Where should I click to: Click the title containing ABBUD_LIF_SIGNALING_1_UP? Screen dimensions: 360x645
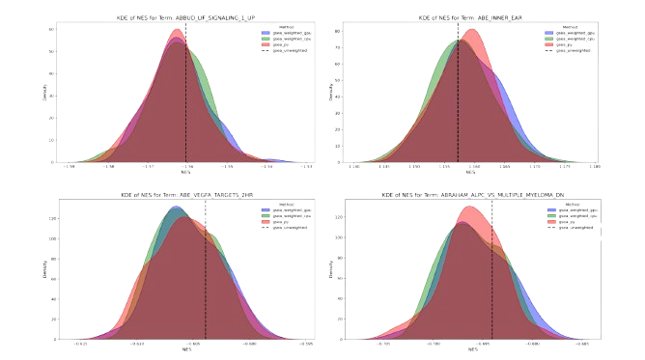pos(186,15)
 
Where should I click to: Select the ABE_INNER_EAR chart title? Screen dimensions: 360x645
pos(459,15)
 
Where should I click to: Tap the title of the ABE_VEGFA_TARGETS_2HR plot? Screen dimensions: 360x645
pos(186,194)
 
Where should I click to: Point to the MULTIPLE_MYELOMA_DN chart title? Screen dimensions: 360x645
pos(459,194)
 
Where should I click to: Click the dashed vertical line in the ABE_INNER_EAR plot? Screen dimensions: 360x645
pos(458,97)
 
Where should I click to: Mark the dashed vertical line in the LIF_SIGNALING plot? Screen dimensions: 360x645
pos(186,97)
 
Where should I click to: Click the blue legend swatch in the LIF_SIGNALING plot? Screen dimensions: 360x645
pos(266,32)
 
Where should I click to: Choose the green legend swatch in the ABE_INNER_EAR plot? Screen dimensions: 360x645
pos(539,38)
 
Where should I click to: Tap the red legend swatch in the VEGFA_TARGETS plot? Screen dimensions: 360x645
pos(266,221)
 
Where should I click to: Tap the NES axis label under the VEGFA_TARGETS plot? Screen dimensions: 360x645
pos(186,348)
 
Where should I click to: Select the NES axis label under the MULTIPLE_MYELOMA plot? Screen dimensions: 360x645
pos(459,348)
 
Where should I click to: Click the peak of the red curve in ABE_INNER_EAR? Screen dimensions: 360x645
pos(471,29)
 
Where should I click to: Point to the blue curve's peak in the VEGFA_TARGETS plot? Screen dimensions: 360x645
pos(175,208)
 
